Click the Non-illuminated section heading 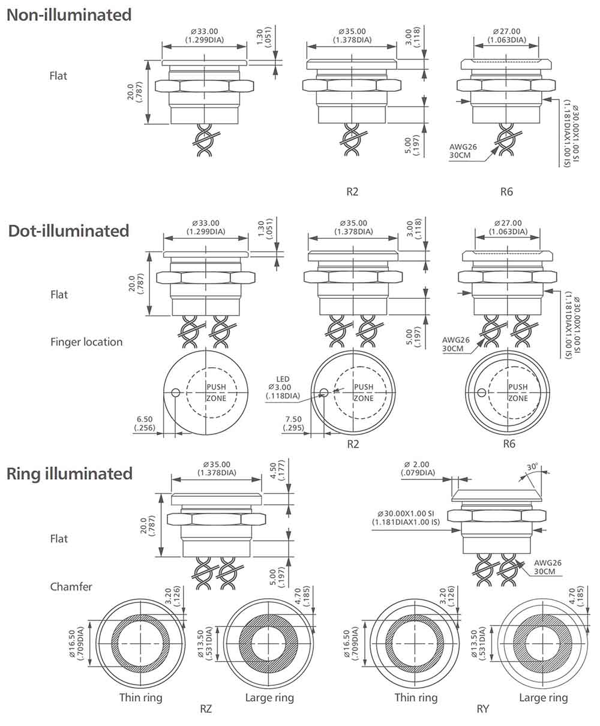point(69,15)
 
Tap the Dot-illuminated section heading point(69,231)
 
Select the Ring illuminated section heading point(70,473)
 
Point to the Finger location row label point(86,342)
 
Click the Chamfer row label point(71,586)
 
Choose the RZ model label point(206,709)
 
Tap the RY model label point(483,709)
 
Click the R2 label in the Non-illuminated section point(353,192)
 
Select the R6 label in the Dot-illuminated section point(509,444)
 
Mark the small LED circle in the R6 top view point(481,393)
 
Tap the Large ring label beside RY point(543,697)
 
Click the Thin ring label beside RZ point(140,697)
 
